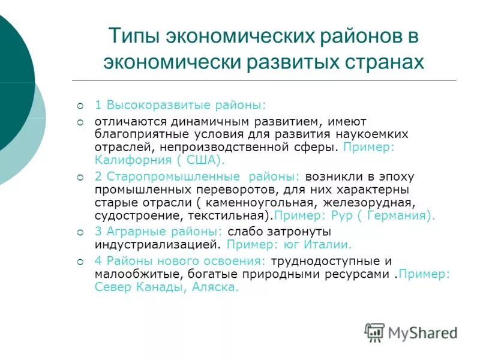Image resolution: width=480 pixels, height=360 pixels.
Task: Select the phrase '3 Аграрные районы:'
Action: click(x=158, y=232)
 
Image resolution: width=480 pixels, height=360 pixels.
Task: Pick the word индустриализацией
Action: click(x=158, y=245)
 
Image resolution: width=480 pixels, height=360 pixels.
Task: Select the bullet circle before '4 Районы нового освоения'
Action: click(x=81, y=262)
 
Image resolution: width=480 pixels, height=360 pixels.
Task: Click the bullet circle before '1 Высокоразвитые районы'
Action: click(x=81, y=106)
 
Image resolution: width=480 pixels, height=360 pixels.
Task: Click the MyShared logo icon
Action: click(x=374, y=332)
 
